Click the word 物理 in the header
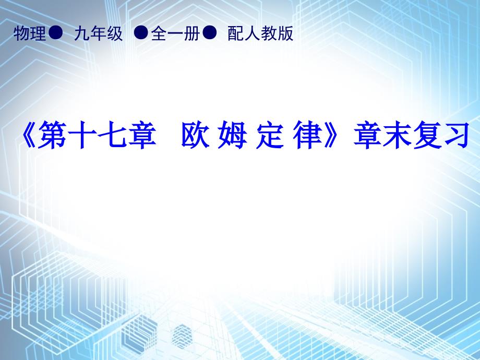(29, 33)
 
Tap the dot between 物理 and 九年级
(55, 32)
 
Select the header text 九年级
(98, 33)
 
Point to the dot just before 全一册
(141, 32)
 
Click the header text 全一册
(175, 33)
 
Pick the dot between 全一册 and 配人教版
(210, 32)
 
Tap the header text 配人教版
(260, 33)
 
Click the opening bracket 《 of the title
(29, 135)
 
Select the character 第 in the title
(52, 135)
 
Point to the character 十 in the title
(81, 135)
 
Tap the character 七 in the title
(112, 135)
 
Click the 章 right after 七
(141, 135)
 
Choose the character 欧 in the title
(195, 135)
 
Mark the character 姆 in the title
(232, 135)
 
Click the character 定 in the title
(270, 135)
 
